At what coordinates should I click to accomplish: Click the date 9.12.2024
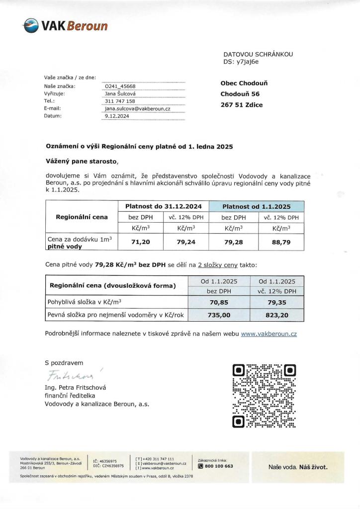(x=117, y=115)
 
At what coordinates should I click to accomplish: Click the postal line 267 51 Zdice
(x=242, y=104)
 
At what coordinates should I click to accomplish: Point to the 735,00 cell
(x=219, y=314)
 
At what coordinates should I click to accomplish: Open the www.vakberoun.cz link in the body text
(x=269, y=334)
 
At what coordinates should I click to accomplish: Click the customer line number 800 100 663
(x=219, y=466)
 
